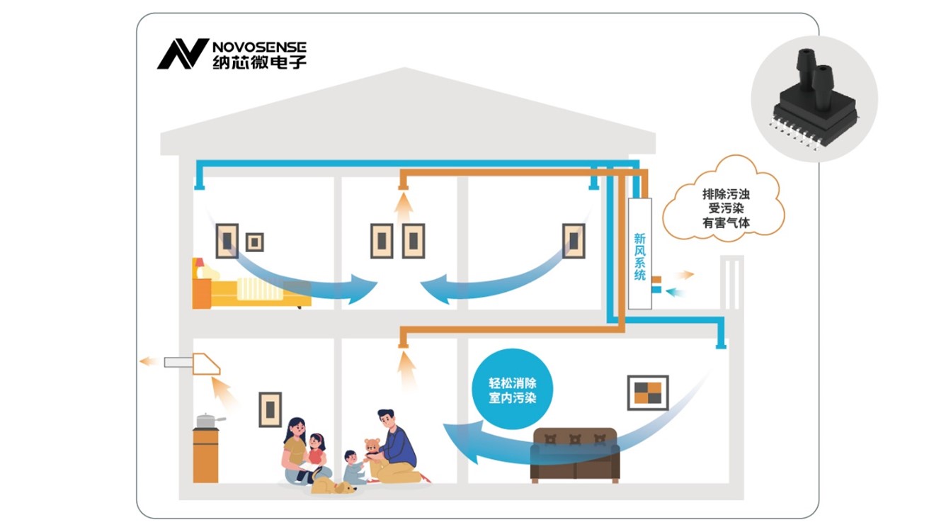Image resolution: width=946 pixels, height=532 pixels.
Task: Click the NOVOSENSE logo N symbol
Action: pos(182,54)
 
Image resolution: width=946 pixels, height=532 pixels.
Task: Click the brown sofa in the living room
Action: pos(575,454)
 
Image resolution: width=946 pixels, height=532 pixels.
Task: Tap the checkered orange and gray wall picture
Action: pos(647,392)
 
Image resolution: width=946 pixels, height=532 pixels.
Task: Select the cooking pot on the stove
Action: pos(207,421)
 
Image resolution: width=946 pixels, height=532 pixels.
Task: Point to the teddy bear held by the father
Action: pos(372,449)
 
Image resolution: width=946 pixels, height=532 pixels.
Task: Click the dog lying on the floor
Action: pos(332,486)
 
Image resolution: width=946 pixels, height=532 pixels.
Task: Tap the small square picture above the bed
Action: pos(254,242)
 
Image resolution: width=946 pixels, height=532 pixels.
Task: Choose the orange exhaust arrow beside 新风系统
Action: pos(684,275)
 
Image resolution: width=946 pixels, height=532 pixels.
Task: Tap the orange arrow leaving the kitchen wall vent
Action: pos(148,361)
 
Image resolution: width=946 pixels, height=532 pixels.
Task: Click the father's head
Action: pos(386,419)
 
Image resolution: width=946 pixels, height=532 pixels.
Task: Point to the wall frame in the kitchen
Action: pos(270,409)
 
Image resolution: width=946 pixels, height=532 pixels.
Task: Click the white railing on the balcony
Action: pos(731,282)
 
